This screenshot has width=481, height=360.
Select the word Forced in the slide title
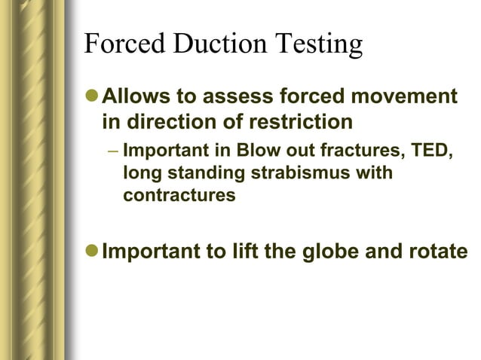[125, 45]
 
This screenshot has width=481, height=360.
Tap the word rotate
[440, 251]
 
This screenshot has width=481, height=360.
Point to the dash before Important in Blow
[112, 150]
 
